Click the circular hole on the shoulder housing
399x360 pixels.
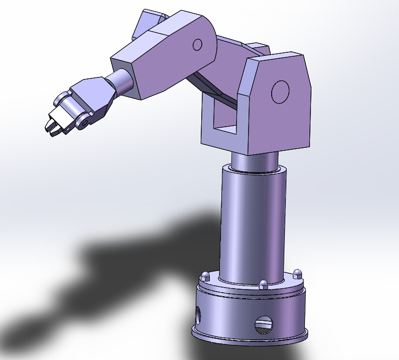pyautogui.click(x=280, y=92)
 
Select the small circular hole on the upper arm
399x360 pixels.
pyautogui.click(x=197, y=45)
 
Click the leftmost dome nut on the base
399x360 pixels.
pyautogui.click(x=205, y=276)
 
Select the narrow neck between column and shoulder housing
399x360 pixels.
pyautogui.click(x=254, y=161)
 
